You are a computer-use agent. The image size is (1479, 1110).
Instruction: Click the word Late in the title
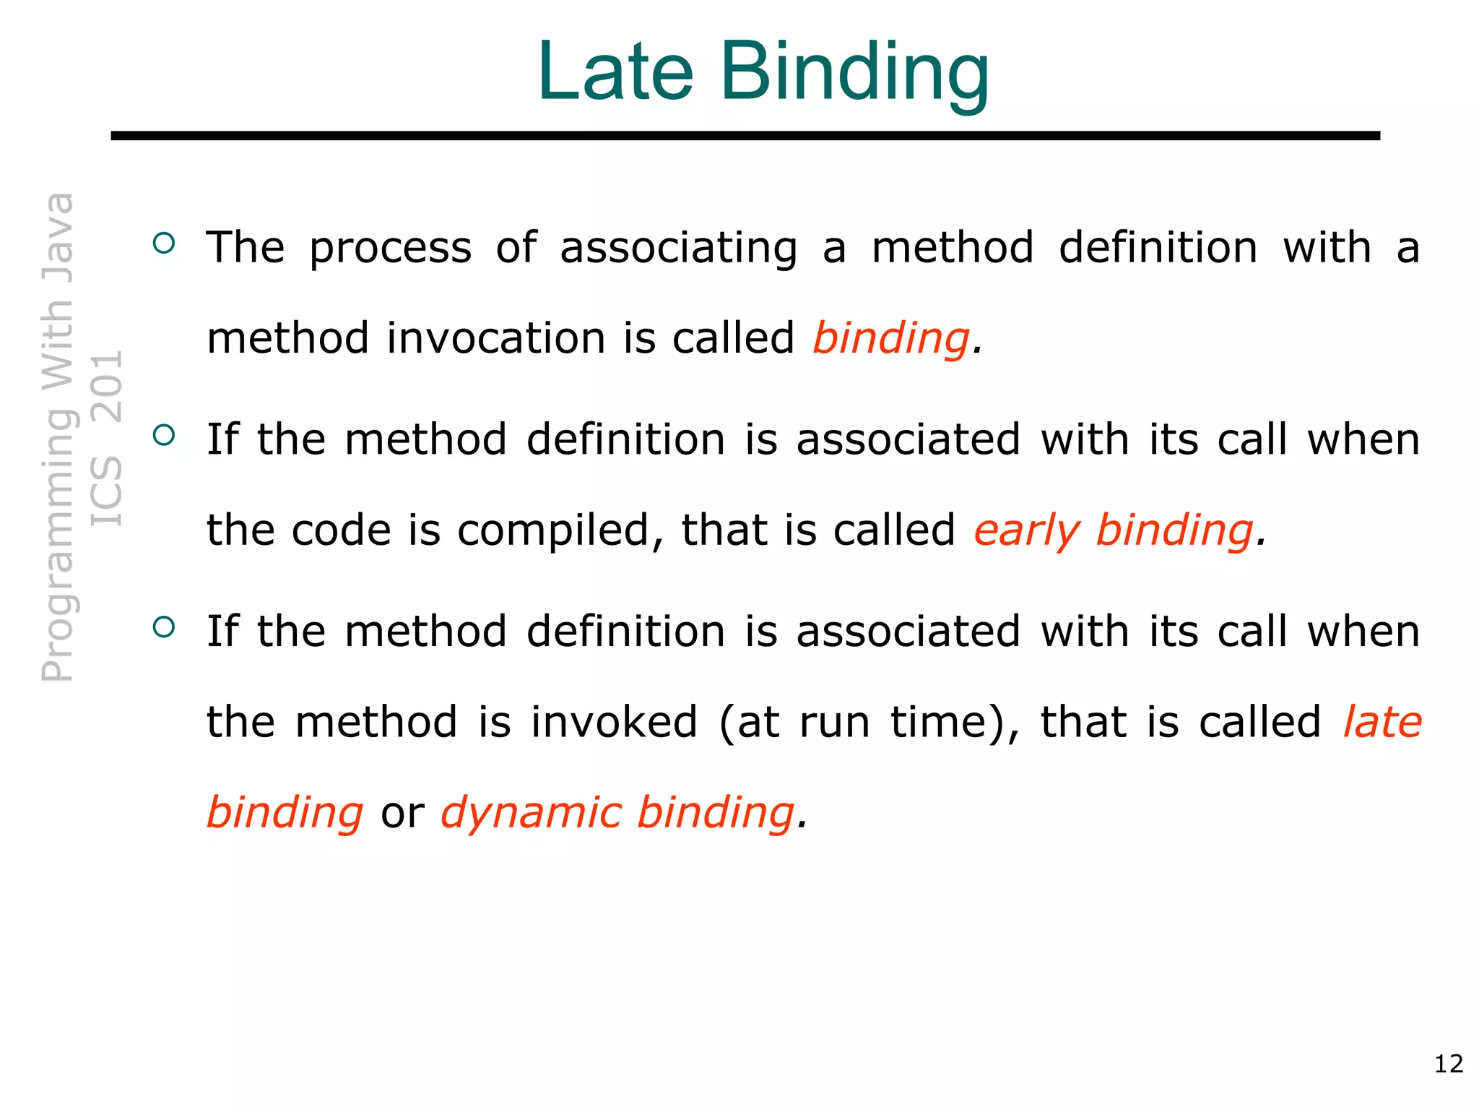click(x=615, y=72)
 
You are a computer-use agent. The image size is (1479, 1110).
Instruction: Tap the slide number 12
click(x=1449, y=1064)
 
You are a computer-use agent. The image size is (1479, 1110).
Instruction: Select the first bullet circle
click(x=165, y=243)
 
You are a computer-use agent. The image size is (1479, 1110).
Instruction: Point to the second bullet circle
click(x=165, y=435)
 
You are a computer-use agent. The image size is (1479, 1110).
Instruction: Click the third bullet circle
click(x=165, y=627)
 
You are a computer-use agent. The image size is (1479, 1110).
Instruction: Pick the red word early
click(x=1026, y=531)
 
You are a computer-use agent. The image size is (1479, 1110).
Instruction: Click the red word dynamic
click(x=532, y=813)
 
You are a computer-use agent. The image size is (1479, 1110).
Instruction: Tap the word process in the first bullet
click(x=391, y=248)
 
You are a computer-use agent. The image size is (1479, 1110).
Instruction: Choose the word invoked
click(x=614, y=722)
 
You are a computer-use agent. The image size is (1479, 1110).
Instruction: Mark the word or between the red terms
click(x=402, y=813)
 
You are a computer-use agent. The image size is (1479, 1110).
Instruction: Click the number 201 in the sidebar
click(x=107, y=387)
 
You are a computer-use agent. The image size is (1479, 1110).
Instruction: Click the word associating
click(x=679, y=248)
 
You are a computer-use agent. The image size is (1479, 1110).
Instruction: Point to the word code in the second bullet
click(x=340, y=531)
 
